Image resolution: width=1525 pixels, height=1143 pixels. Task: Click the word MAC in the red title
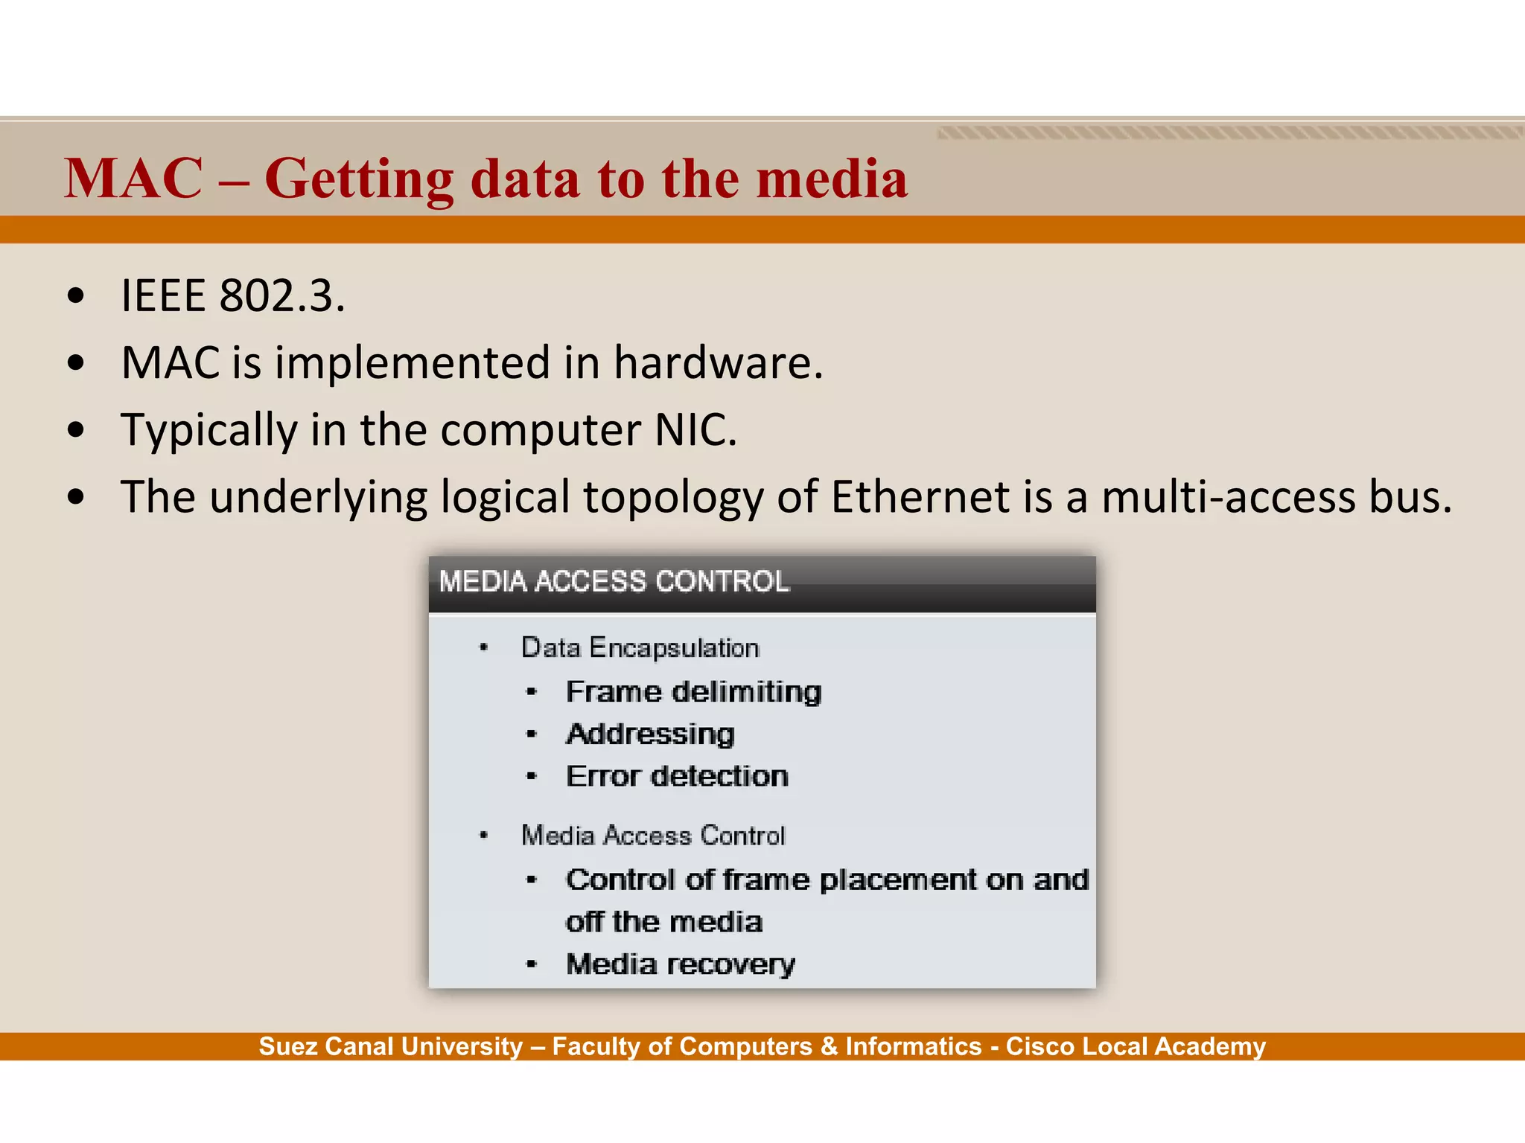133,179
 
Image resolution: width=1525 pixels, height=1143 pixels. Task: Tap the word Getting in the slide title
359,180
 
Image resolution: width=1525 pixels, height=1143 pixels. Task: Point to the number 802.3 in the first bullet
281,295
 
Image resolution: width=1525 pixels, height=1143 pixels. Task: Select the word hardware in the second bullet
718,362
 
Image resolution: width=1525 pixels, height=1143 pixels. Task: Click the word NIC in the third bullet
695,430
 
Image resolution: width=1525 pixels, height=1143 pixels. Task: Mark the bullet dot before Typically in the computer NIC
75,431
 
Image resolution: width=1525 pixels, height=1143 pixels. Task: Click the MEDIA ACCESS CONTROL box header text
614,581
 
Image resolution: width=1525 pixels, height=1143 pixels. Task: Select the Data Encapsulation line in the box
640,647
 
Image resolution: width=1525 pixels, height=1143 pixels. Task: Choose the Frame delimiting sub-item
693,692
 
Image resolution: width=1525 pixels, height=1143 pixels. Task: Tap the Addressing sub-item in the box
650,734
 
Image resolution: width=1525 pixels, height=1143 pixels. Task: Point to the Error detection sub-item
677,777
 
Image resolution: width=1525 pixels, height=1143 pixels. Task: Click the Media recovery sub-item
681,964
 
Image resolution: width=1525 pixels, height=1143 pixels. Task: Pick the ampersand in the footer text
829,1046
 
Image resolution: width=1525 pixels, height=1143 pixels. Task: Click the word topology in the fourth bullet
673,497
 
